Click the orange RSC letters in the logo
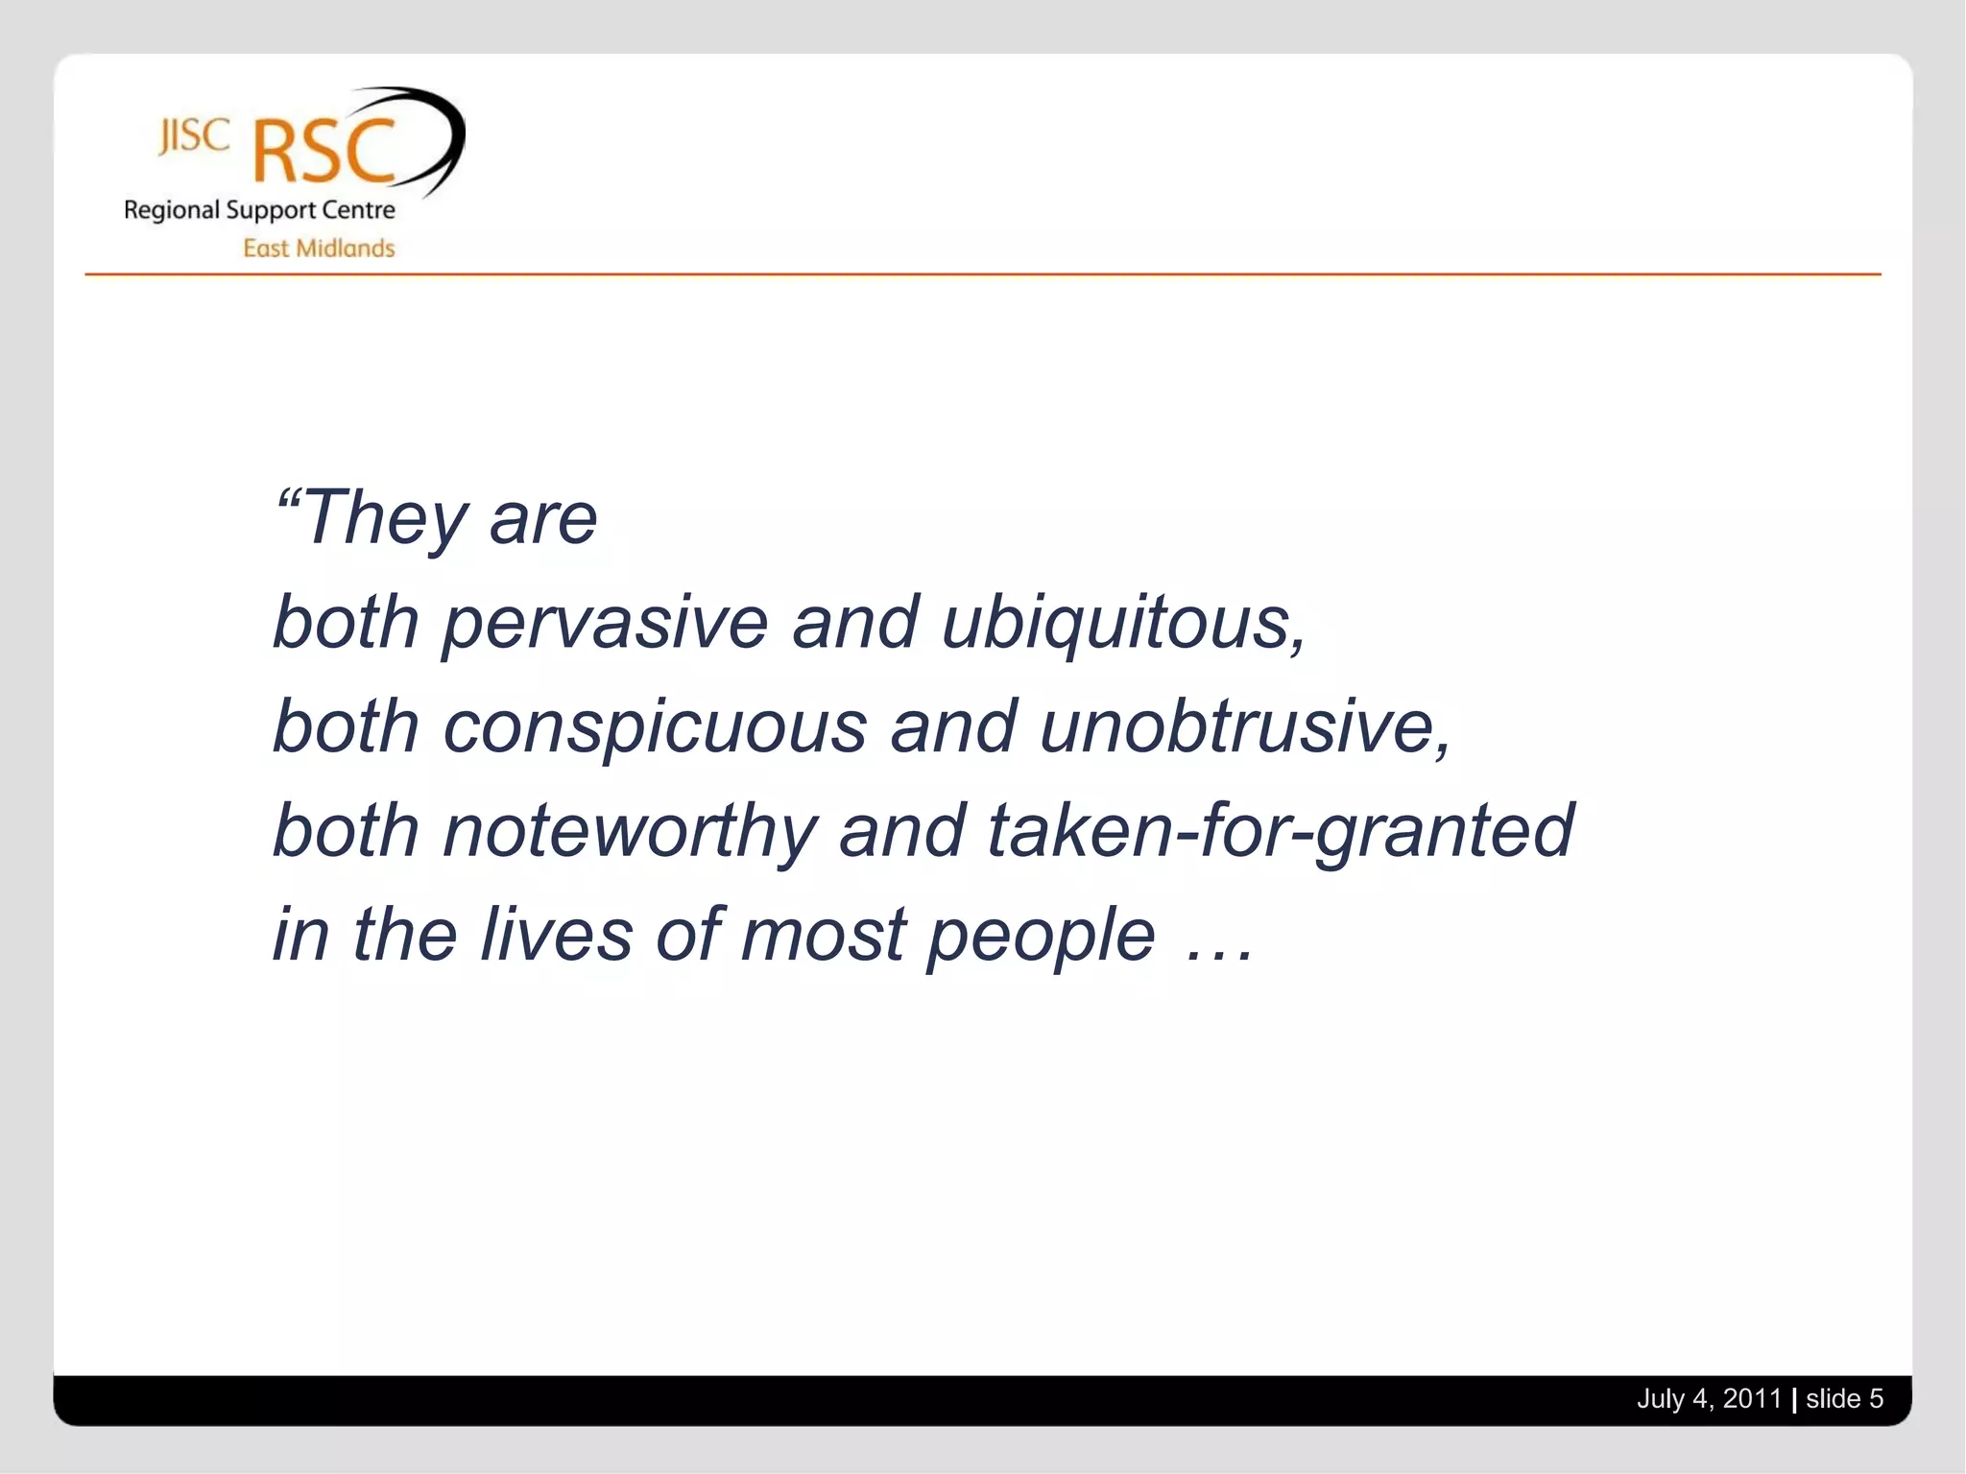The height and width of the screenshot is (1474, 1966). pyautogui.click(x=324, y=152)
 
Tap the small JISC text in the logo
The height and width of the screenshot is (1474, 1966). pyautogui.click(x=195, y=136)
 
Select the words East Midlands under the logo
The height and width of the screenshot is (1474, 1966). pyautogui.click(x=319, y=249)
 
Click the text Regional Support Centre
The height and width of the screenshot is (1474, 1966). pyautogui.click(x=259, y=210)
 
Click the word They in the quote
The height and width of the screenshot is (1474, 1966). pyautogui.click(x=385, y=519)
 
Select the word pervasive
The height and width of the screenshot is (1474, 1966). pyautogui.click(x=606, y=624)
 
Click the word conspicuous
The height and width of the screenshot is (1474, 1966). pyautogui.click(x=655, y=726)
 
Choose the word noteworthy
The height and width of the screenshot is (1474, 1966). pyautogui.click(x=630, y=831)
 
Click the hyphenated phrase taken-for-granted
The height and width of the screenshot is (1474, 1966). pyautogui.click(x=1281, y=831)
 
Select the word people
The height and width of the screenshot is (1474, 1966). pyautogui.click(x=1041, y=936)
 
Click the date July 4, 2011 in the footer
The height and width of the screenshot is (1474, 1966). pyautogui.click(x=1709, y=1399)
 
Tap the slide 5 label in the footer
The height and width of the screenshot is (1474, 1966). pyautogui.click(x=1844, y=1399)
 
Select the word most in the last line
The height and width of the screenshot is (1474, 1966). pyautogui.click(x=823, y=936)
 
